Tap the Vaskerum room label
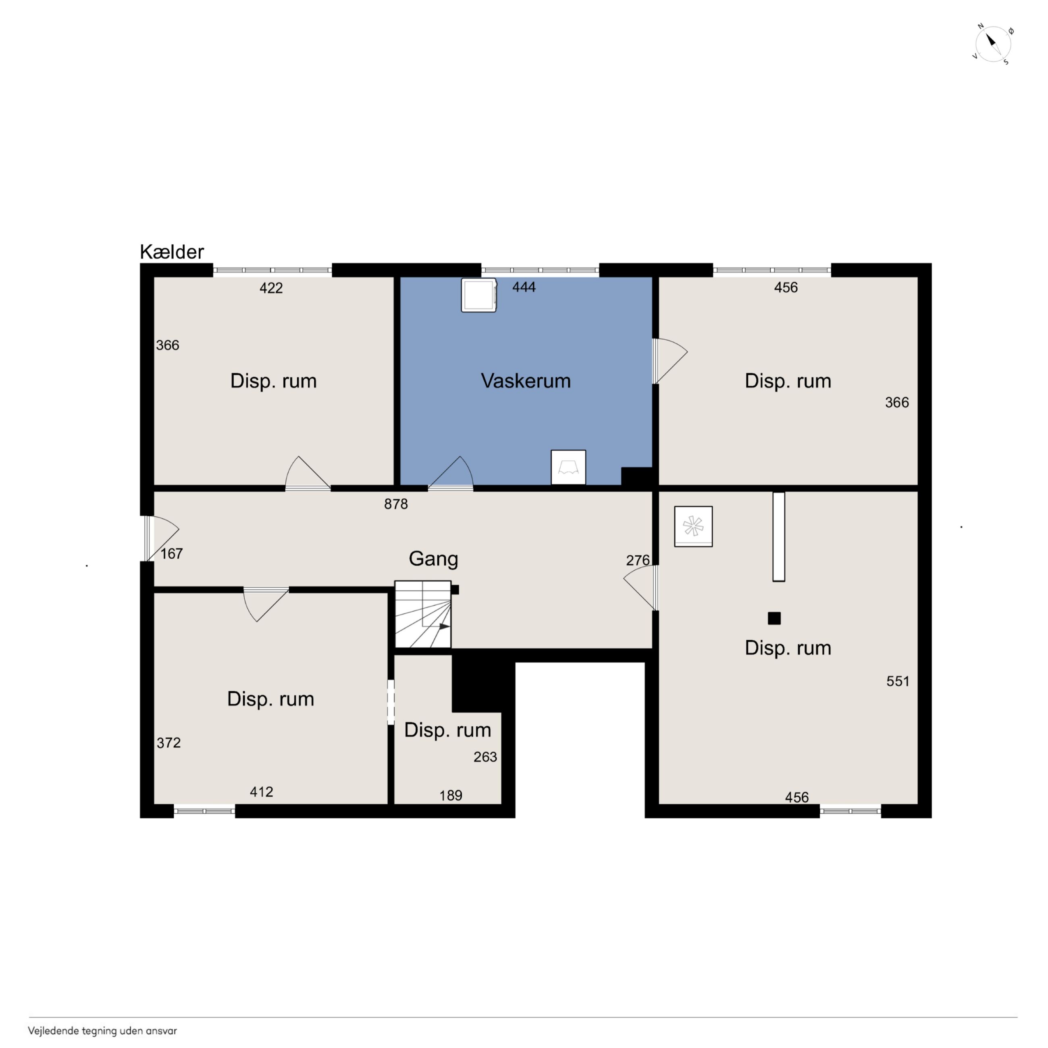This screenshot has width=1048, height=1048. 526,381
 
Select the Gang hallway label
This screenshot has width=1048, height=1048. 433,559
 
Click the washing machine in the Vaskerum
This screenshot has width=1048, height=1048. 479,295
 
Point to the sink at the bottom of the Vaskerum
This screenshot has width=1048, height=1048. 568,467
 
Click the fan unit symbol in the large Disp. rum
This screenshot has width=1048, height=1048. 693,526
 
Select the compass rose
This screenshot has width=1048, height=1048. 993,44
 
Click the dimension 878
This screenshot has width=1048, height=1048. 396,504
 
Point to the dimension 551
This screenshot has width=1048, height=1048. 898,681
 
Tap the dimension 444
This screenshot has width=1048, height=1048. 524,287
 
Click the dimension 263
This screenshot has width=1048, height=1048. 485,757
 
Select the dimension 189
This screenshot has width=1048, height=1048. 451,795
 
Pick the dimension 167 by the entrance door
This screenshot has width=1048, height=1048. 171,553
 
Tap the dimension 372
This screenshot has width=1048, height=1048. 169,742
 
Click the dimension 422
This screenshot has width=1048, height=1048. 271,288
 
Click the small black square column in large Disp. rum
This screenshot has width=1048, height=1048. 774,618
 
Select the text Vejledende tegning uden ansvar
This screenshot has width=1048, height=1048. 102,1031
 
